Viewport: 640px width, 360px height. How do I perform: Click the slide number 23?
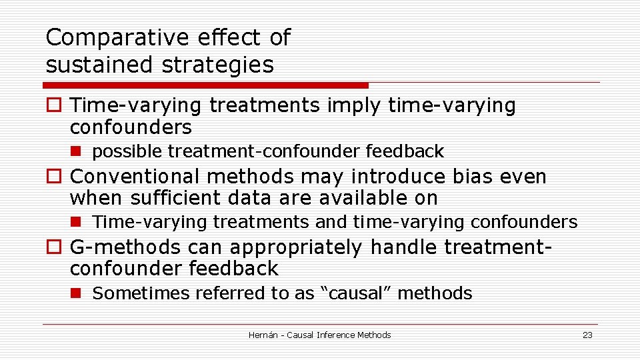(x=587, y=335)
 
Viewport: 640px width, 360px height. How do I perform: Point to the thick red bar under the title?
(x=205, y=85)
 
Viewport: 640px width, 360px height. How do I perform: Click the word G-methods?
(x=125, y=247)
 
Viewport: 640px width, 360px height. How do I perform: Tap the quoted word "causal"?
(x=356, y=293)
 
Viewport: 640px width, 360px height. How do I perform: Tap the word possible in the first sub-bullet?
(x=127, y=152)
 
